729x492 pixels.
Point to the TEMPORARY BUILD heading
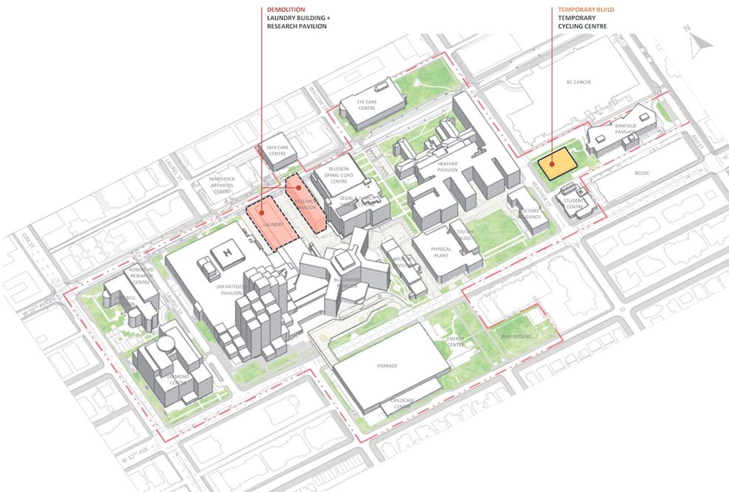point(587,10)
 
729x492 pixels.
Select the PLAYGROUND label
point(516,336)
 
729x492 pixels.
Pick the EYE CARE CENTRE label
point(367,105)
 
